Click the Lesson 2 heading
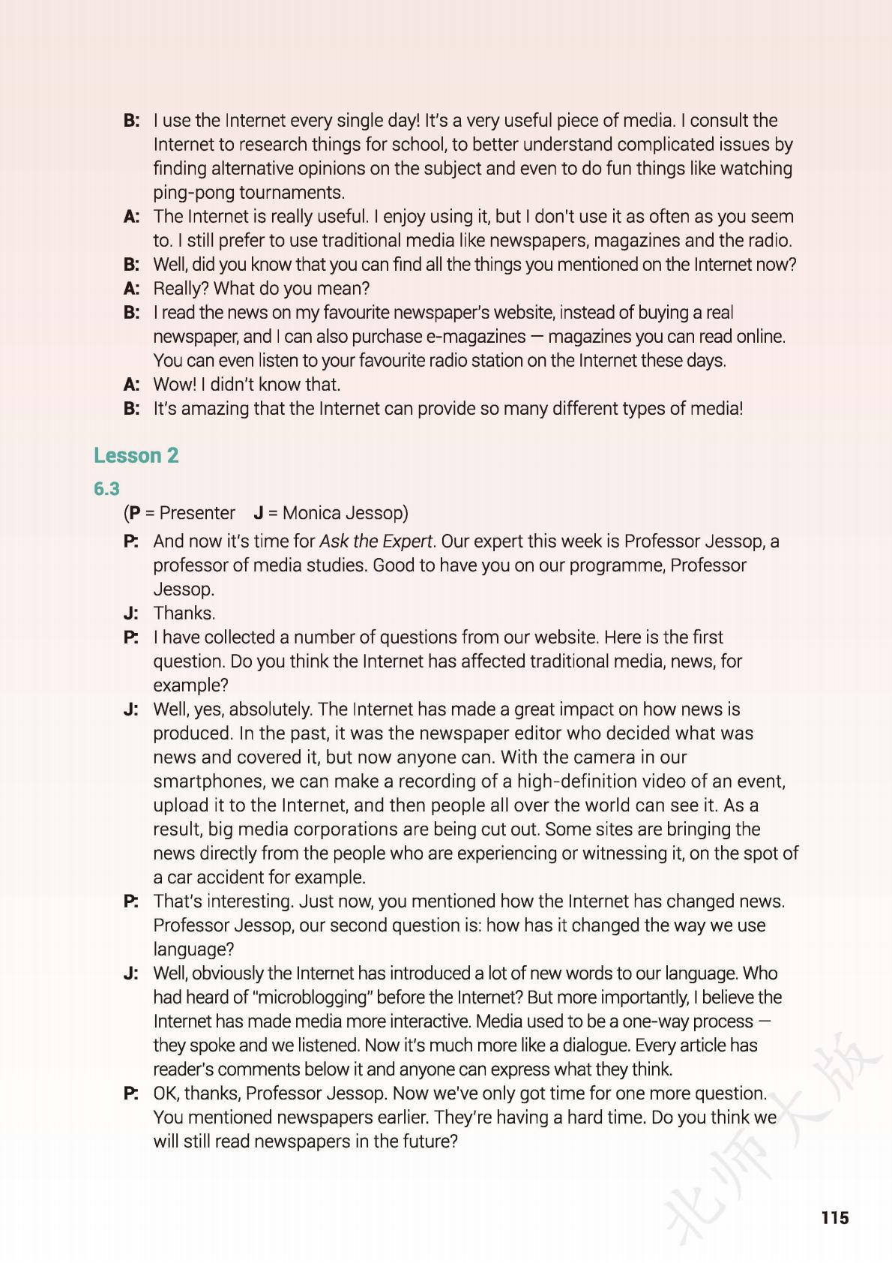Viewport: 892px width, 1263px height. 136,455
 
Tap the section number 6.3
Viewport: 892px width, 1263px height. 106,489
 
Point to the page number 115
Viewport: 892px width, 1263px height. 834,1217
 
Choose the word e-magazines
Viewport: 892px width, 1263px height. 471,336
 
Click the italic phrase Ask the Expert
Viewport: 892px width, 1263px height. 376,541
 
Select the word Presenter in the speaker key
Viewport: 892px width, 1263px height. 197,513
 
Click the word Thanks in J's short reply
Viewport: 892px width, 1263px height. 184,613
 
